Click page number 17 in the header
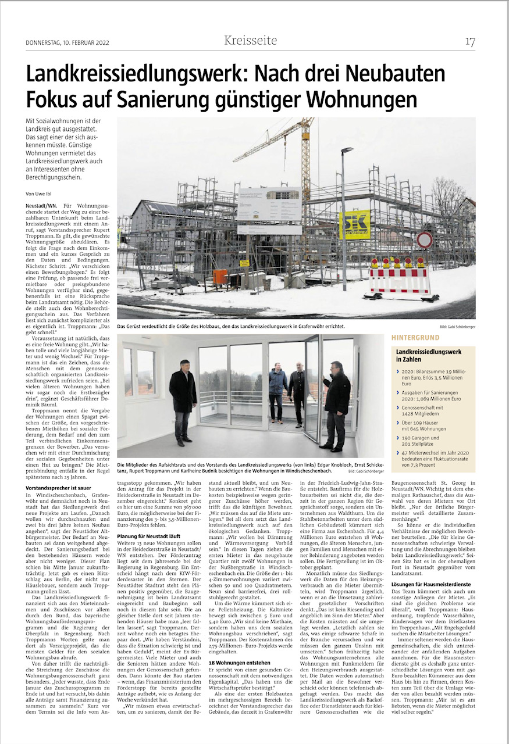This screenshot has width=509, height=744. [x=470, y=41]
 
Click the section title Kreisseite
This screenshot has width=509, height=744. [x=251, y=41]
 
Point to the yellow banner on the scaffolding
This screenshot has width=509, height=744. [x=354, y=225]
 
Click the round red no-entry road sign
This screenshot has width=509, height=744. [x=425, y=239]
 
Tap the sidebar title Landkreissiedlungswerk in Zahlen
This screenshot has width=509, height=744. [x=428, y=356]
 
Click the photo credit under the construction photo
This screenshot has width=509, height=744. [x=457, y=327]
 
